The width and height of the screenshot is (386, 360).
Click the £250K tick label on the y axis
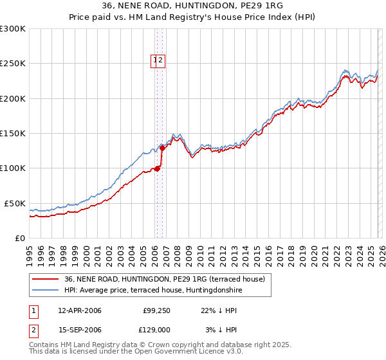point(13,64)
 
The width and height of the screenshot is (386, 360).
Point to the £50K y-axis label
point(15,203)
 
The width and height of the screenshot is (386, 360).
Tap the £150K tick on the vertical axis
point(13,133)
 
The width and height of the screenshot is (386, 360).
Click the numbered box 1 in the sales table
point(33,310)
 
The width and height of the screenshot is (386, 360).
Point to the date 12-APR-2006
point(80,310)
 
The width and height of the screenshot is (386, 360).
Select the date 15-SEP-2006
point(80,329)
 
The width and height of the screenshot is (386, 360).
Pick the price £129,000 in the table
point(155,329)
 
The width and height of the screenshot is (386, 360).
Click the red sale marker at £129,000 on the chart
point(163,148)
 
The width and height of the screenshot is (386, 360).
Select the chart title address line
point(192,6)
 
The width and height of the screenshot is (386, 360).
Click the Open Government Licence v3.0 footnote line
point(136,352)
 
